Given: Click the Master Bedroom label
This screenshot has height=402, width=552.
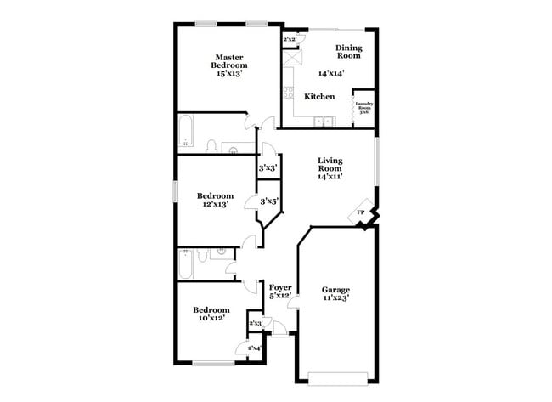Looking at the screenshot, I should (x=229, y=60).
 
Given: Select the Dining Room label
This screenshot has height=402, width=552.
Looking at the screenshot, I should (x=349, y=51).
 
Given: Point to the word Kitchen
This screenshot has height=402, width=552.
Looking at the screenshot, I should (x=319, y=97).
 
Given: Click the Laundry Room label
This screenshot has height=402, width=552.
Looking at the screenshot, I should (x=363, y=106).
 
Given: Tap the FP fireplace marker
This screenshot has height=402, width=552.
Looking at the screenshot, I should (x=360, y=212).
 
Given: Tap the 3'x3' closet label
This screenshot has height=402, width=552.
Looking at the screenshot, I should (x=268, y=167).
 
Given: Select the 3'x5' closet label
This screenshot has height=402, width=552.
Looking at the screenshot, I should (x=268, y=201).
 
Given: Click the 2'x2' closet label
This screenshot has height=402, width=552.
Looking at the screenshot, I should (x=290, y=39).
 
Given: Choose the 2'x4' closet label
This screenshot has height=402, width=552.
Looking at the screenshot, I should (x=255, y=348).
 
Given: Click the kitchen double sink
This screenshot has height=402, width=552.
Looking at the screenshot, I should (x=323, y=121).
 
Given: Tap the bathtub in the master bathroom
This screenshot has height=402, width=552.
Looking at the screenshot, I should (x=188, y=133).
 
